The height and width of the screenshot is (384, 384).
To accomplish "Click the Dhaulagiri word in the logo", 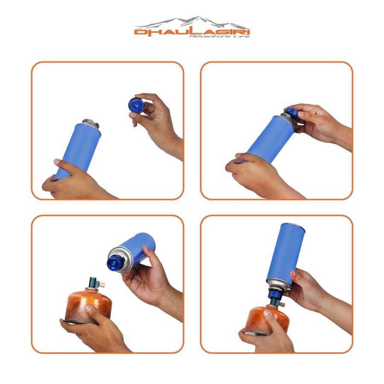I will click(192, 32).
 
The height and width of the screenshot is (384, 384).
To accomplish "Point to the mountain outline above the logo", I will click(192, 21).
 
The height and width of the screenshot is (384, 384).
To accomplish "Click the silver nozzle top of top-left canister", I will click(90, 123).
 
